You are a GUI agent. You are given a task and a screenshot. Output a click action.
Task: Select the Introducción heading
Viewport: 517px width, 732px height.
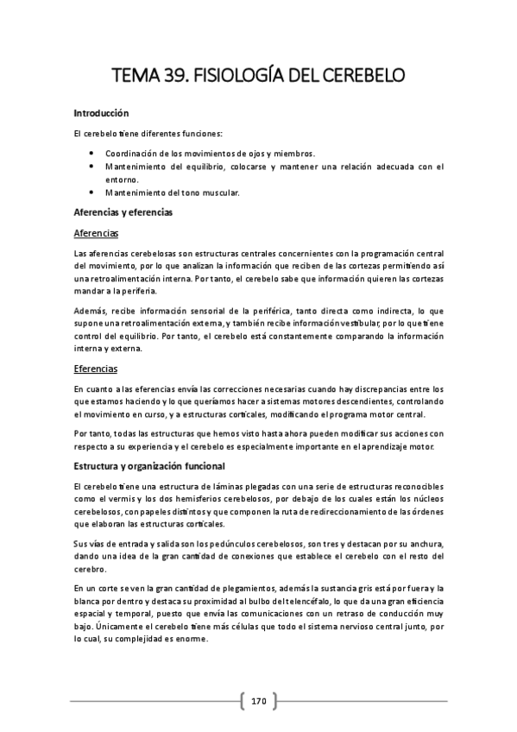[101, 112]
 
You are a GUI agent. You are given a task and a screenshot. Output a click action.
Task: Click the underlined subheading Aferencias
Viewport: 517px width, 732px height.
[96, 233]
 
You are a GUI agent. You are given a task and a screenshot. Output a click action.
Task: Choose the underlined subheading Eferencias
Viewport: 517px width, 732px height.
[95, 369]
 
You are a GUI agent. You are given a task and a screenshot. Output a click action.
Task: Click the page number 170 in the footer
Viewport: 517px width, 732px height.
[259, 700]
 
